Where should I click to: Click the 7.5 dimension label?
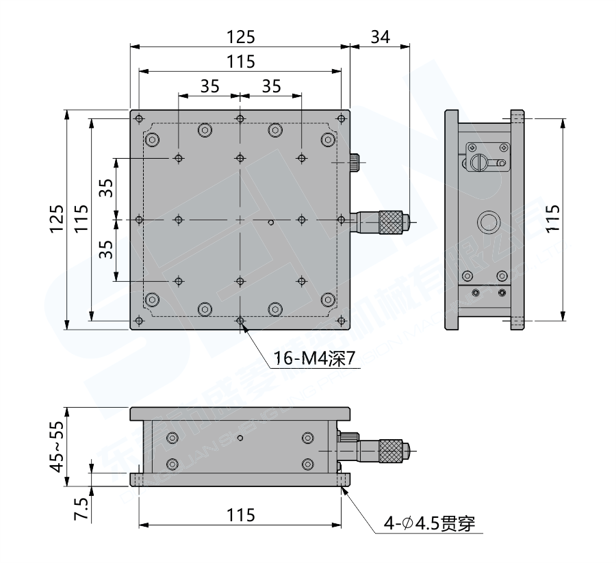click(80, 510)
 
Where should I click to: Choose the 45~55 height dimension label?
click(57, 446)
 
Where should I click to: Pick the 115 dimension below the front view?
click(240, 516)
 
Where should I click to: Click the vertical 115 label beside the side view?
click(554, 219)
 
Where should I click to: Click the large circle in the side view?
click(489, 222)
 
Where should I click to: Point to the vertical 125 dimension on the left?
click(57, 219)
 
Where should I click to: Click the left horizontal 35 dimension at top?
click(209, 86)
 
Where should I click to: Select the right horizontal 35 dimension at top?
click(271, 86)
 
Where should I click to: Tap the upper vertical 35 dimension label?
click(105, 189)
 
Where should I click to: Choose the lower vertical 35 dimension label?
click(105, 250)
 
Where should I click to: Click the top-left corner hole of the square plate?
click(139, 118)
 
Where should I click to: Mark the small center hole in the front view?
click(240, 437)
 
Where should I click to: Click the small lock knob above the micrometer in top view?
click(355, 162)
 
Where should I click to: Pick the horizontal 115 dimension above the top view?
click(240, 62)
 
